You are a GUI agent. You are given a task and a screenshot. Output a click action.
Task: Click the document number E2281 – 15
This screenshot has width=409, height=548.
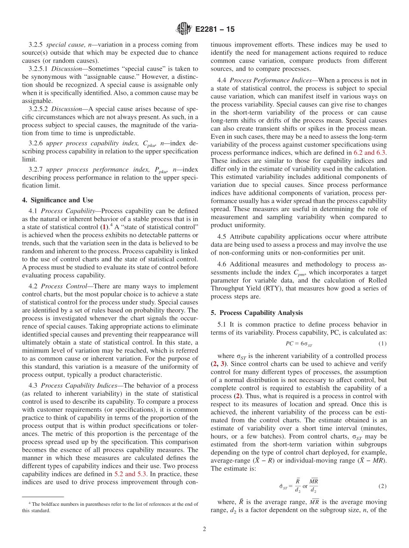214,29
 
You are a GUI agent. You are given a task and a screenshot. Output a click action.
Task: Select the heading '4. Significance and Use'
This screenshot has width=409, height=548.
58,200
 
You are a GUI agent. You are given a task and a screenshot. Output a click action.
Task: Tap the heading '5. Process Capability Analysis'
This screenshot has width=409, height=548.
256,313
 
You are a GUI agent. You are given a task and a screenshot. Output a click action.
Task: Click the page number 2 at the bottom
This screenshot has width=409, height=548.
204,529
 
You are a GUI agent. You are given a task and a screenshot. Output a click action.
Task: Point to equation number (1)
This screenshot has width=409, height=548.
382,343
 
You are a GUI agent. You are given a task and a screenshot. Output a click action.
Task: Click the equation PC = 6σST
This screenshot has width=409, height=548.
299,343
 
